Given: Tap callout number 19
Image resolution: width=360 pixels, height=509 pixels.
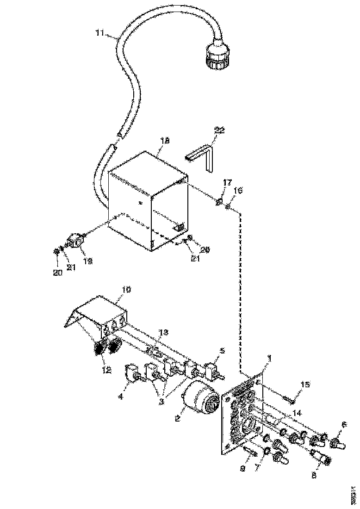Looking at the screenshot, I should click(x=87, y=261).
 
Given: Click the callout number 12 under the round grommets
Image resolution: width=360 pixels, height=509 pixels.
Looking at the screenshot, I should click(x=107, y=370).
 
